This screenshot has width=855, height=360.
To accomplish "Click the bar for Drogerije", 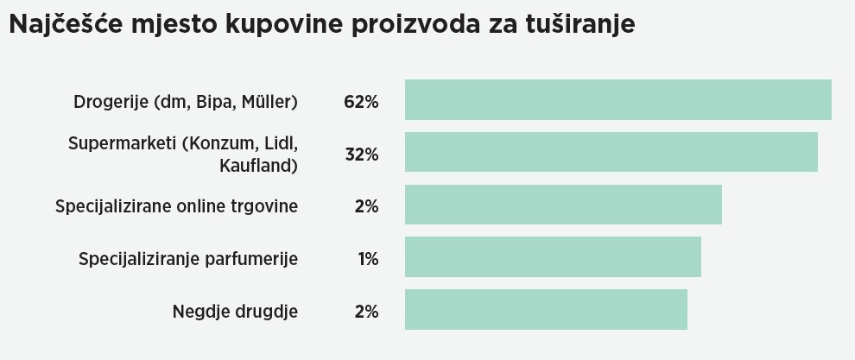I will pos(617,100).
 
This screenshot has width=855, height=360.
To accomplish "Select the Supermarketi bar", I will pos(611,153).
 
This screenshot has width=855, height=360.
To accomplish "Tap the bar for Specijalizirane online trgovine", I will pos(563,205).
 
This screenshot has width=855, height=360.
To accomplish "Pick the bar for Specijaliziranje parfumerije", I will pos(553,257).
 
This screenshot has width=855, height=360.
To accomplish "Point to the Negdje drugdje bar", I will pos(546,309).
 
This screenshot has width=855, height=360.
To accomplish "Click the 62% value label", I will pos(361,102).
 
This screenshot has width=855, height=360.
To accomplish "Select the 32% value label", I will pos(361,155).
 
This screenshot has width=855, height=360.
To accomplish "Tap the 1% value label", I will pos(368,259).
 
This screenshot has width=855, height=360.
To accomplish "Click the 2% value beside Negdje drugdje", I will pos(366,312).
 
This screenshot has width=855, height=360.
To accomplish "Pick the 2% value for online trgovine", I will pos(366,207).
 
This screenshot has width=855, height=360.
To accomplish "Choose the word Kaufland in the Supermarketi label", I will pos(258,165).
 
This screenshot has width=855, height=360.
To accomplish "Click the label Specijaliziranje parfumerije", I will pos(188,259).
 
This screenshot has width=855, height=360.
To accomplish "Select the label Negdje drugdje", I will pos(235,312).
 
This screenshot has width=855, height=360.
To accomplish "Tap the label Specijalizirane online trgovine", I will pos(176,207).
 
